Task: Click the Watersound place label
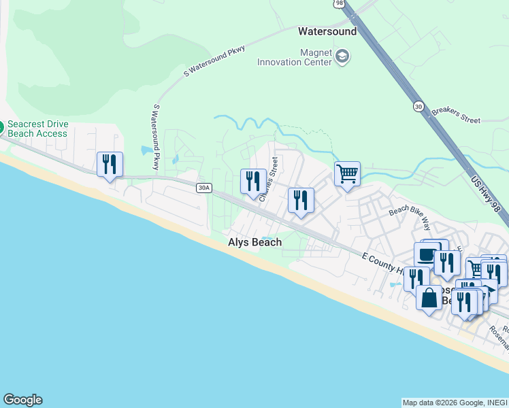coord(327,31)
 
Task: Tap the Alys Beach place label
coord(255,243)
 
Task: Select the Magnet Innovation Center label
coord(294,57)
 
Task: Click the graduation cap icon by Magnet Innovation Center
coord(342,56)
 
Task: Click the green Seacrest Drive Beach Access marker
coord(1,126)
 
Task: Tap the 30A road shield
coord(203,188)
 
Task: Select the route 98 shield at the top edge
coord(340,3)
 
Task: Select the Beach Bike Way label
coord(410,216)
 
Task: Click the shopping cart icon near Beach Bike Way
coord(347,173)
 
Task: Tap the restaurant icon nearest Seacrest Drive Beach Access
coord(110,164)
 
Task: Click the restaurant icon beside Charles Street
coord(253,181)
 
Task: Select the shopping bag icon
coord(429,298)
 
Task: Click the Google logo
coord(22,400)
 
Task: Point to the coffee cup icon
coord(426,254)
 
